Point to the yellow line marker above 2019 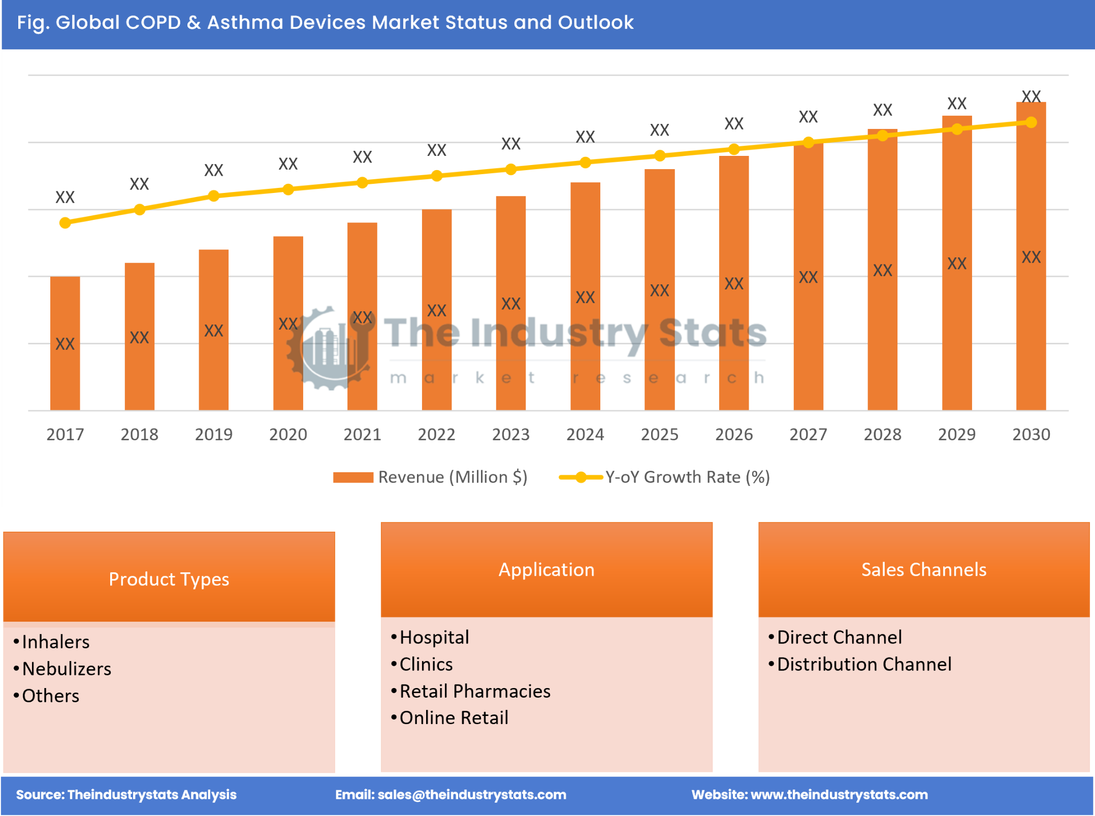point(214,196)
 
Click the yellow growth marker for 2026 point(733,149)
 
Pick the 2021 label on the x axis point(362,434)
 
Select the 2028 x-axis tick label point(882,434)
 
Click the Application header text point(546,569)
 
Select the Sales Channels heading point(923,569)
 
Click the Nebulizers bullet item point(67,669)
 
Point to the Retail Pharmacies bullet point(474,691)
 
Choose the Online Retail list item point(454,717)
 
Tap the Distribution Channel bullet point(863,664)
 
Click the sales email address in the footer point(471,795)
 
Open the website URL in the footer point(839,795)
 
